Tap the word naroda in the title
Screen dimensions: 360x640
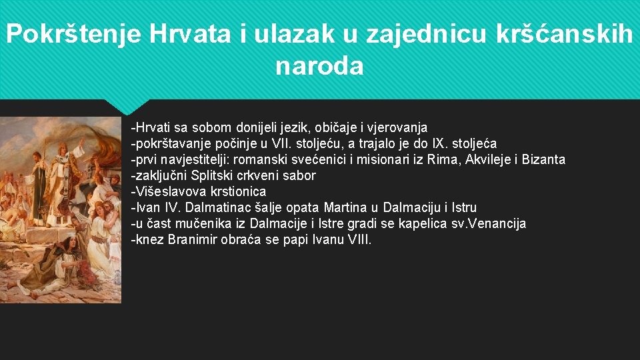319,66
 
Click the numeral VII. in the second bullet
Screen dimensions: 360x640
278,143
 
